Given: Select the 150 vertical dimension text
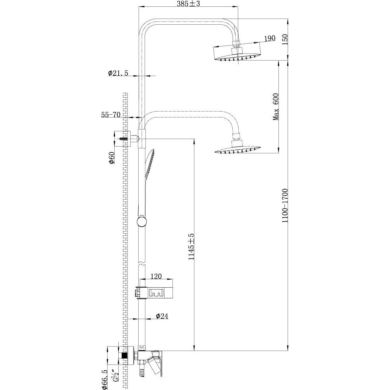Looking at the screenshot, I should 284,39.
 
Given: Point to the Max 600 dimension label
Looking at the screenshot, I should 275,106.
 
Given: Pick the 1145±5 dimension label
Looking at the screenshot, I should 191,247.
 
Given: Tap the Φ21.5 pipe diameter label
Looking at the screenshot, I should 118,73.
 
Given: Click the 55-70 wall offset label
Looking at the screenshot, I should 110,115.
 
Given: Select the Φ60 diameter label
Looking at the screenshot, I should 112,158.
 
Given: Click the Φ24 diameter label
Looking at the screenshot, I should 162,316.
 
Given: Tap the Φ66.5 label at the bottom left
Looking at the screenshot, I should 104,378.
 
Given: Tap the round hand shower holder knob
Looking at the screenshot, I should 141,221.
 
